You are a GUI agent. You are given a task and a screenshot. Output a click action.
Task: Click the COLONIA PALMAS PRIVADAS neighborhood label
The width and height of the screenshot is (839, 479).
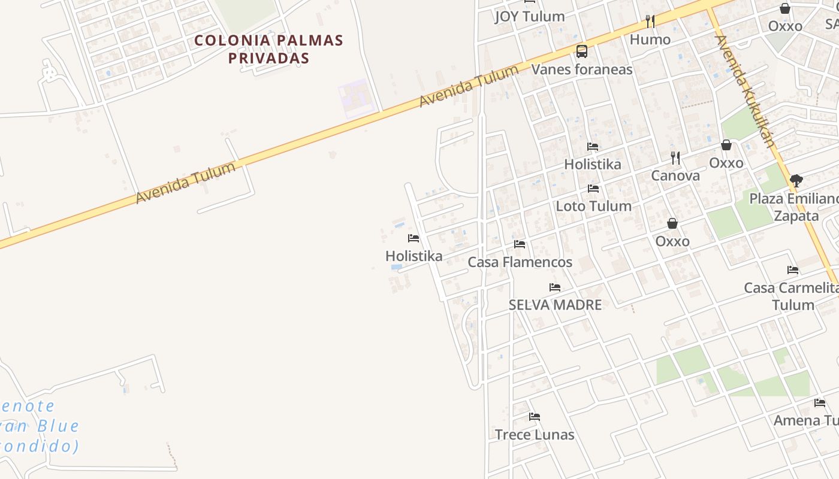pyautogui.click(x=268, y=49)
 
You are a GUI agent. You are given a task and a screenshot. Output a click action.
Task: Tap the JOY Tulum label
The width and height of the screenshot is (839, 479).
pyautogui.click(x=530, y=17)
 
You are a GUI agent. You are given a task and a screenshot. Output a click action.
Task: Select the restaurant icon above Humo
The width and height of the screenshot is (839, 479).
pyautogui.click(x=650, y=22)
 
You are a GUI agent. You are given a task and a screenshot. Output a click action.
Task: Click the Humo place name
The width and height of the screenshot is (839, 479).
pyautogui.click(x=650, y=40)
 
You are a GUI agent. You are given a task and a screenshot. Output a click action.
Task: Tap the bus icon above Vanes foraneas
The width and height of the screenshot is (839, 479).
pyautogui.click(x=581, y=51)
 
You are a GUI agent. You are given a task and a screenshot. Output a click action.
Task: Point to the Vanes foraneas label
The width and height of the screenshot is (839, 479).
pyautogui.click(x=582, y=69)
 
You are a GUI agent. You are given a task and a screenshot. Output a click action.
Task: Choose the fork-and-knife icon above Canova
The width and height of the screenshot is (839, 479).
pyautogui.click(x=675, y=158)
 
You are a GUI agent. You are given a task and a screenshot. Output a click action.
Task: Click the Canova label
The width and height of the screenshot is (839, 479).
pyautogui.click(x=675, y=176)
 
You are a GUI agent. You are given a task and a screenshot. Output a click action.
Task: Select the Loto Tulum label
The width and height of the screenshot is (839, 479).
pyautogui.click(x=593, y=206)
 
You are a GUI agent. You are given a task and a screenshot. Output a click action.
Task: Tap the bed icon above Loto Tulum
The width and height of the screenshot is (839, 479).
pyautogui.click(x=593, y=189)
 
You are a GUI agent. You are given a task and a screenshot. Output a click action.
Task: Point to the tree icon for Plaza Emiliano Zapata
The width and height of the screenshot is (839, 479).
pyautogui.click(x=796, y=180)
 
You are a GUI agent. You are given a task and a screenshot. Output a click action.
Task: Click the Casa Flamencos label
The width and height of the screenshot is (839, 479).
pyautogui.click(x=520, y=262)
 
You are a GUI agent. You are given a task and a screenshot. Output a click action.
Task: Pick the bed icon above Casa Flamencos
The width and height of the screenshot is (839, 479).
pyautogui.click(x=520, y=244)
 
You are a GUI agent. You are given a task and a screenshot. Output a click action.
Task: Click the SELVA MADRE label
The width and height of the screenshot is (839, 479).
pyautogui.click(x=555, y=305)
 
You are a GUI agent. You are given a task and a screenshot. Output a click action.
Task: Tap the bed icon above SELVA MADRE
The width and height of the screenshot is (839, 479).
pyautogui.click(x=555, y=287)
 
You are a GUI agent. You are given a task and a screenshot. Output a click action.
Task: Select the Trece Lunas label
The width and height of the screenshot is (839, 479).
pyautogui.click(x=535, y=435)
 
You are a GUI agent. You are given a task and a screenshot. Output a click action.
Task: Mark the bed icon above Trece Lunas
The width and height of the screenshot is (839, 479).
pyautogui.click(x=535, y=417)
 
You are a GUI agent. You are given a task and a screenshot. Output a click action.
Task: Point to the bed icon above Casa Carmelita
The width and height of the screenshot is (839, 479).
pyautogui.click(x=793, y=270)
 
